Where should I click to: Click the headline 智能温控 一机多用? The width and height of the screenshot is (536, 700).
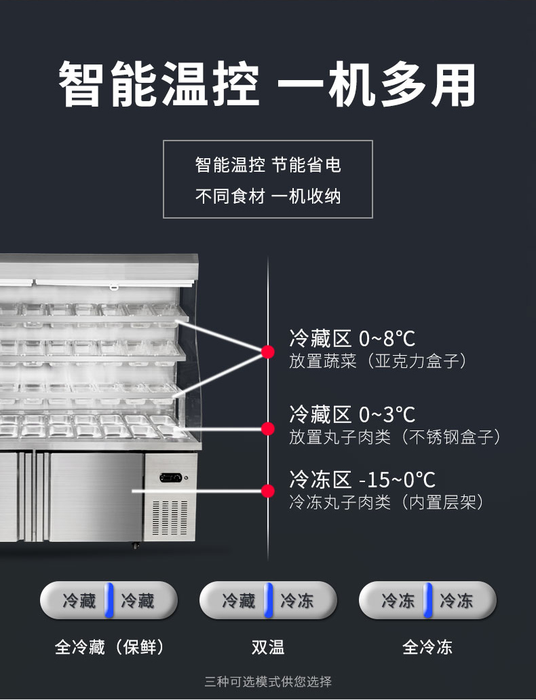267,85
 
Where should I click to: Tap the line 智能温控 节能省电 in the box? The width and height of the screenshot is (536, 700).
268,165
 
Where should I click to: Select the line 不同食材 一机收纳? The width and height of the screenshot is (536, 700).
268,197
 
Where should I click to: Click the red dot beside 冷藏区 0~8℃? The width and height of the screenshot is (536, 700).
268,352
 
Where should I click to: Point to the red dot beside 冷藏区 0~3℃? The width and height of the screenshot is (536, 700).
268,428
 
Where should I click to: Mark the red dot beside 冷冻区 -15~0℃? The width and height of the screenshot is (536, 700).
268,490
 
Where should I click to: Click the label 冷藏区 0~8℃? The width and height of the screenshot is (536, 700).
352,338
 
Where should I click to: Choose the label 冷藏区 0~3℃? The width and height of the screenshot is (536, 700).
352,414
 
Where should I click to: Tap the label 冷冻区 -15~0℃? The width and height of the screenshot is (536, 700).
362,479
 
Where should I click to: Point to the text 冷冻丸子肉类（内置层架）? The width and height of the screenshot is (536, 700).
387,502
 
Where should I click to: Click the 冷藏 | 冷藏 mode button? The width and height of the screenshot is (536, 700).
109,600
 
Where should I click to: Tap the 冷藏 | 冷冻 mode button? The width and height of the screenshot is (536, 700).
268,600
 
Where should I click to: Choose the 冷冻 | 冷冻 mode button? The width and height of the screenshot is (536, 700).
427,600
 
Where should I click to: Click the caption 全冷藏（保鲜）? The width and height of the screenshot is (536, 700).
109,647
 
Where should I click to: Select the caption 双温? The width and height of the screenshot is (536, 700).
268,647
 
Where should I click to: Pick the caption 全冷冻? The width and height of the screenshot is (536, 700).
427,647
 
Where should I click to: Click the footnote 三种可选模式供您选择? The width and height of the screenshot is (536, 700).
268,682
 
